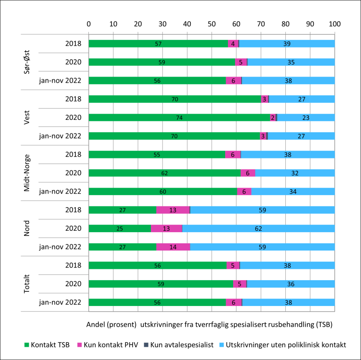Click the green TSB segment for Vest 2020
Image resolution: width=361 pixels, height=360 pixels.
point(179,117)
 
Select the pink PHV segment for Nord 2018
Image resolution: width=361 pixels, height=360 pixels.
point(173,210)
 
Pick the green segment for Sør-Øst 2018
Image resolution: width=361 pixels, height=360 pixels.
point(158,44)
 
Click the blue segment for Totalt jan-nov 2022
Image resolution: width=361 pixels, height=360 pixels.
point(288,303)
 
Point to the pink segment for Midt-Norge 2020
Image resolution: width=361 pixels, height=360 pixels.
point(248,173)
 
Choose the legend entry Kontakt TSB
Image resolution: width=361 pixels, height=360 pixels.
point(47,345)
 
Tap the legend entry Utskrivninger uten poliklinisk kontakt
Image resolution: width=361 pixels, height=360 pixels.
point(282,345)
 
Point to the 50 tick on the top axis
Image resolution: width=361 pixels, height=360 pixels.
point(212,23)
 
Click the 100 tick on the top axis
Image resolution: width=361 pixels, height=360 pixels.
point(335,23)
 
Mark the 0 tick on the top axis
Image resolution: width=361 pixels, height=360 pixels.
point(89,23)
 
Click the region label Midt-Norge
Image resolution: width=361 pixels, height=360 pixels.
point(28,173)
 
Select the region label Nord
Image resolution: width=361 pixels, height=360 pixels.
point(28,228)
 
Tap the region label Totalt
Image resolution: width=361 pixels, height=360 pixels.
point(28,284)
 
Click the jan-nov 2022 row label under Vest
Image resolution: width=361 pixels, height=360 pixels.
point(60,136)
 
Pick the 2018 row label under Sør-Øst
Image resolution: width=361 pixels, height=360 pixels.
point(74,44)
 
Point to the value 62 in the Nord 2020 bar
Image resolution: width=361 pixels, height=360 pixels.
point(259,228)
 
